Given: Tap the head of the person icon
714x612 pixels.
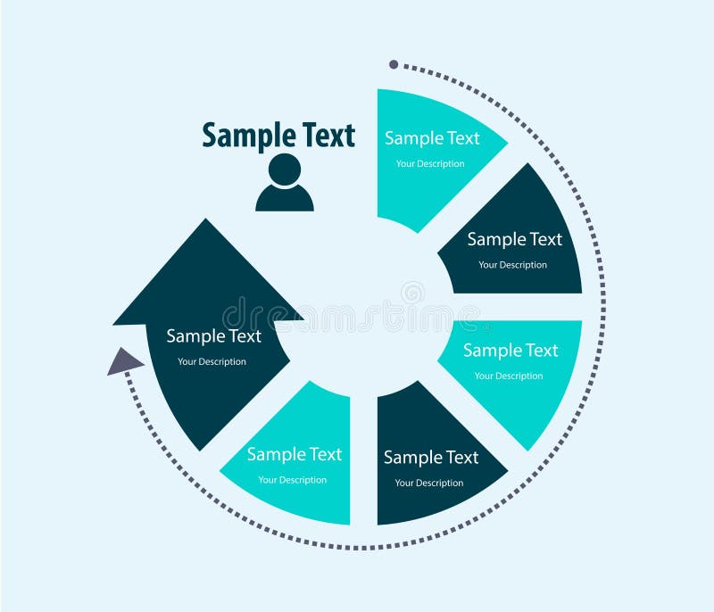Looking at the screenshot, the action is pos(285,170).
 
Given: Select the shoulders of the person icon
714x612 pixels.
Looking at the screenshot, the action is pos(285,198).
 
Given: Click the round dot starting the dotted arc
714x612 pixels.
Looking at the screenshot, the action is pos(394,64).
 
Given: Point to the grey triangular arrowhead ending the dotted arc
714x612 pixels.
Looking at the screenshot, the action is pos(124,361).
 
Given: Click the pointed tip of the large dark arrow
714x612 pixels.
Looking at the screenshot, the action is pos(206,219).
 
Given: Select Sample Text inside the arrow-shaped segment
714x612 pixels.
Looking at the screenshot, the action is pos(213,336).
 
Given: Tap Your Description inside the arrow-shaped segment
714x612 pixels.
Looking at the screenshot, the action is pos(212,361).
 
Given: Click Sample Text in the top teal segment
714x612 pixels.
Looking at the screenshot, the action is pos(432,138).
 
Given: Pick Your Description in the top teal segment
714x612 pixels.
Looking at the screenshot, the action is pos(430,164).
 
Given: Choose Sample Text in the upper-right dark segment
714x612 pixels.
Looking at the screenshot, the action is pos(515,239).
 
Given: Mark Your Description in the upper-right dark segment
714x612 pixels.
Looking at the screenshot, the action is pos(512,265).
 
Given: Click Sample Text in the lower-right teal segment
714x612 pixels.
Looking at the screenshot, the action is pos(511,351).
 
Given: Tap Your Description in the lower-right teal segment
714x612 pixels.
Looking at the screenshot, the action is pos(509,376).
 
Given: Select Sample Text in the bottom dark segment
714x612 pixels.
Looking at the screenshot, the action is pos(431,458).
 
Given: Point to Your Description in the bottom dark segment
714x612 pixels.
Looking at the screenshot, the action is pos(429,483).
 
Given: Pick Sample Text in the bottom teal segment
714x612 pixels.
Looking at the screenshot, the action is pos(295,454).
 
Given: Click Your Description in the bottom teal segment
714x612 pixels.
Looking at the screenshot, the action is pos(293,480).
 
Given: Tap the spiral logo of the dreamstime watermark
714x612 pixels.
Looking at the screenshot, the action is pos(412,292).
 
